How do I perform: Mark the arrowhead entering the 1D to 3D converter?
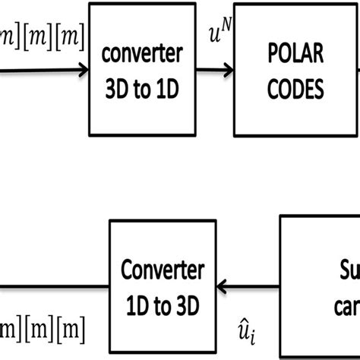(222, 286)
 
